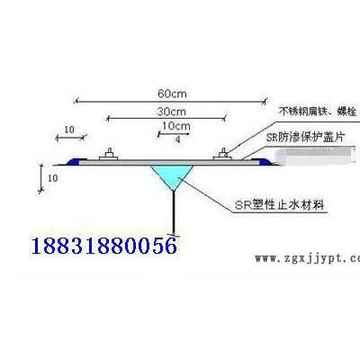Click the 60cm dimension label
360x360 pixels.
pos(172,94)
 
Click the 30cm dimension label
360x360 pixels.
pos(172,112)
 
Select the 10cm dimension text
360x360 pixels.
pos(176,126)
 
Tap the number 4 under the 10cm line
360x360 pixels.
pos(178,139)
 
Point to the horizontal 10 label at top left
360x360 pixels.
pos(69,130)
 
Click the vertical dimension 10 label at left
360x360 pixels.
pos(52,178)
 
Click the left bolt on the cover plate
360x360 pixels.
pos(109,155)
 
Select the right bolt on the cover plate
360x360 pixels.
pos(223,155)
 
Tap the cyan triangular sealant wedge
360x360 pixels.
pos(172,175)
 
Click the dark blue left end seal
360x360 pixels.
pos(74,162)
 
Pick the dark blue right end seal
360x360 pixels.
pos(265,162)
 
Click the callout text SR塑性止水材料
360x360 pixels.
pos(280,205)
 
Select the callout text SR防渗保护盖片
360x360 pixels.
pos(305,138)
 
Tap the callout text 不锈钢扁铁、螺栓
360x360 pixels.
pos(318,112)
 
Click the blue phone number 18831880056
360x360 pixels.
pos(104,246)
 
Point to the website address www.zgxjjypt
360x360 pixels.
pos(307,258)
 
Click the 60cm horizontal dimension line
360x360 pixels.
pos(170,102)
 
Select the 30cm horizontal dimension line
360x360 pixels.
pos(166,119)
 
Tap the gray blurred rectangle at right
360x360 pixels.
pos(318,156)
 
